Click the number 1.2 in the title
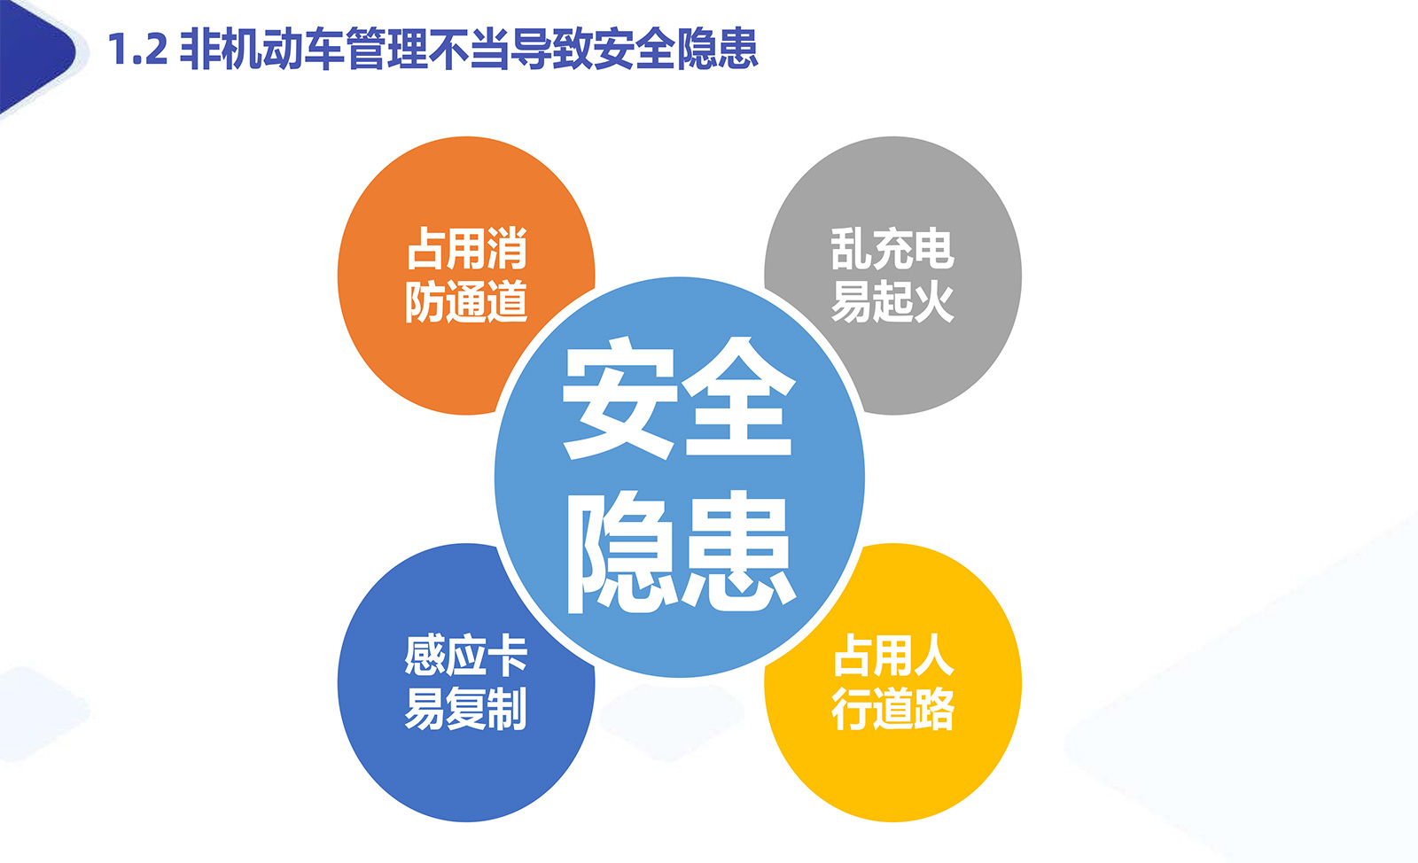138,50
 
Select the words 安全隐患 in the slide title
675,49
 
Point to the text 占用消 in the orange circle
466,249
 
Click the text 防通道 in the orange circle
466,301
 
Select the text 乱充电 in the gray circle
892,249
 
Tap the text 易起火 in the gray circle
892,301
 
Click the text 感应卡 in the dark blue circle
466,656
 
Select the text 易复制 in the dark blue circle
466,709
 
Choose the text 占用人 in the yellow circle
893,656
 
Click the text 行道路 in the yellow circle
892,709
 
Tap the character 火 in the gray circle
934,301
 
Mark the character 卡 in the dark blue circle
508,656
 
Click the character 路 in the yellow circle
934,709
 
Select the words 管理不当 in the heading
428,49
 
